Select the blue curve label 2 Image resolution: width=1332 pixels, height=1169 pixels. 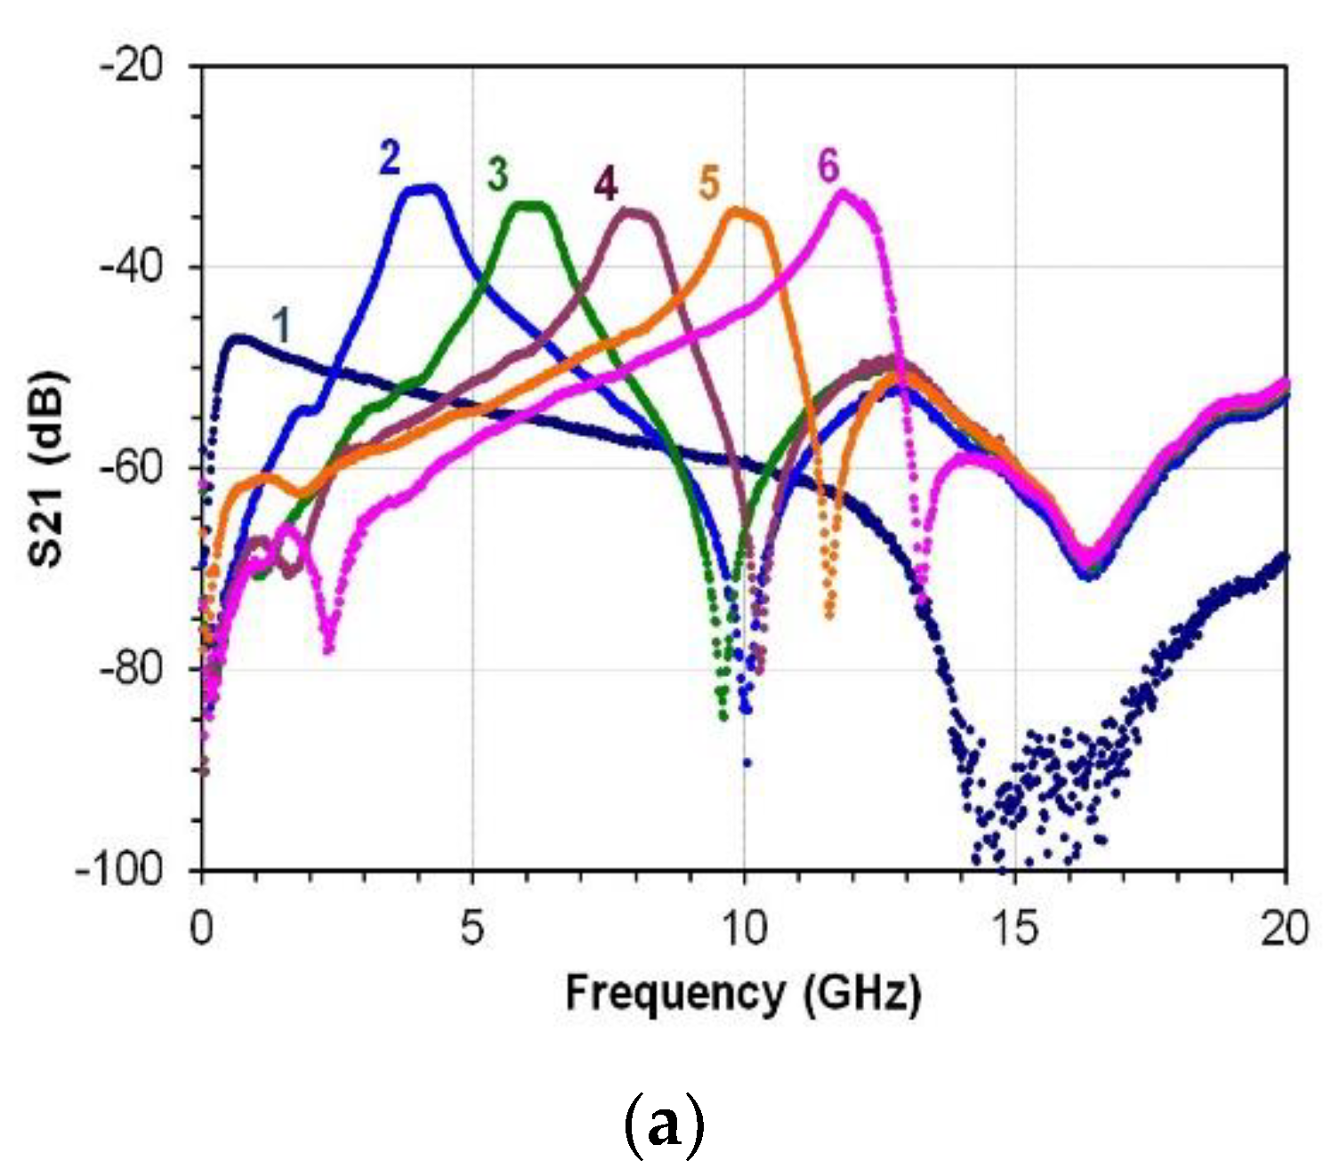pos(390,159)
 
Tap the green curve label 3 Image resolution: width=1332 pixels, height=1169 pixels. pos(497,174)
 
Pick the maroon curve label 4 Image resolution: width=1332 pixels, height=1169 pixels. pos(605,185)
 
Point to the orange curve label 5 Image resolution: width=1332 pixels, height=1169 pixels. pos(709,183)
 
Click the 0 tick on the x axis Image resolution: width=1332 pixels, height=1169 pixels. pos(202,930)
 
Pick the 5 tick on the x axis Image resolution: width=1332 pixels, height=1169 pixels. pos(472,930)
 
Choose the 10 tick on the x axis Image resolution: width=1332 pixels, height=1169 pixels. pos(744,930)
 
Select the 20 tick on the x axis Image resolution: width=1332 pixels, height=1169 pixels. pos(1285,930)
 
